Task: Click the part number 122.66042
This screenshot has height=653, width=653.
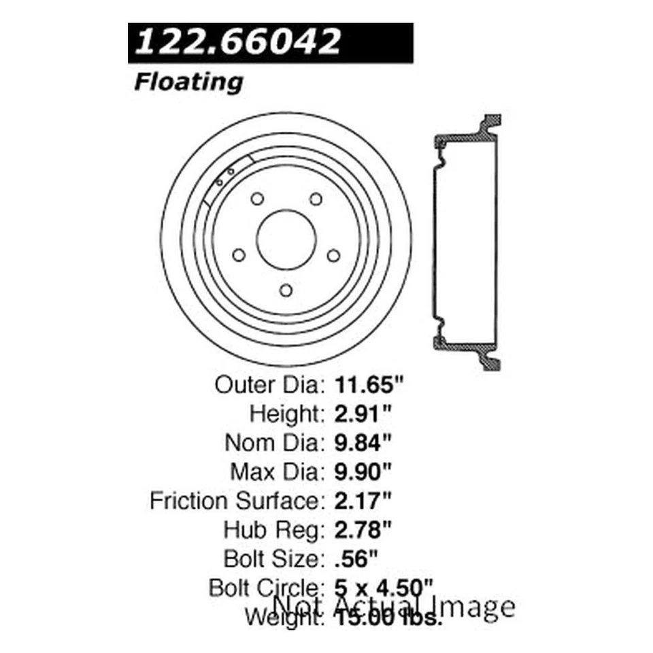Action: [239, 42]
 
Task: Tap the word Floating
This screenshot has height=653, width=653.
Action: [188, 82]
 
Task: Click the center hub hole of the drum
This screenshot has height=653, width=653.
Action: [286, 239]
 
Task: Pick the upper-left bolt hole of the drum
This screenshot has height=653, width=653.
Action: [256, 199]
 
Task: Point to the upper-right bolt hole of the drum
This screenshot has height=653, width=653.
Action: [316, 199]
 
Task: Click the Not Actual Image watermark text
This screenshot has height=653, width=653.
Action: [393, 605]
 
